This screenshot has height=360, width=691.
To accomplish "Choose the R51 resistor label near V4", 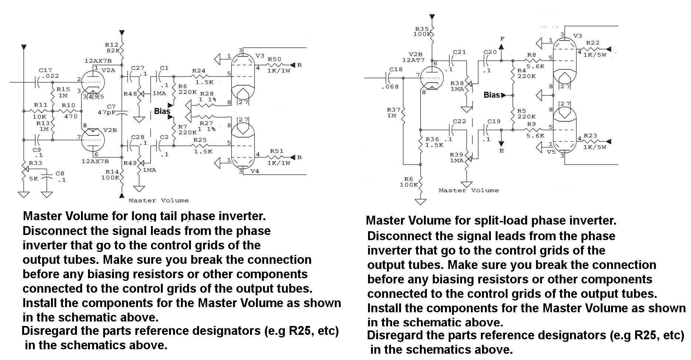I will pyautogui.click(x=276, y=151).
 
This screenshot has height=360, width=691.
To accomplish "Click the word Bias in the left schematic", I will pyautogui.click(x=162, y=111).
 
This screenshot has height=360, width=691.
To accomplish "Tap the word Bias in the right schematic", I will pyautogui.click(x=492, y=95).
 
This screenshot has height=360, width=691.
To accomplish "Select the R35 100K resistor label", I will pyautogui.click(x=422, y=31).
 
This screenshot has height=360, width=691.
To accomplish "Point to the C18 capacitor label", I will pyautogui.click(x=396, y=69).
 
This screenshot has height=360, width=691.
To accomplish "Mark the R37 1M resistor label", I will pyautogui.click(x=394, y=112).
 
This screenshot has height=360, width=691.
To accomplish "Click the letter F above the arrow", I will pyautogui.click(x=502, y=39).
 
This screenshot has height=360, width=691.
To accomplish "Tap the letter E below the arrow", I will pyautogui.click(x=502, y=151).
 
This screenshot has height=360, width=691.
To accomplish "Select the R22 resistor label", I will pyautogui.click(x=593, y=43).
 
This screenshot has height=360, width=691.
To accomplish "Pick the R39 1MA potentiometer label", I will pyautogui.click(x=456, y=157).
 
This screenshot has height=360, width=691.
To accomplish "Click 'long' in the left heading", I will pyautogui.click(x=145, y=216).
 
